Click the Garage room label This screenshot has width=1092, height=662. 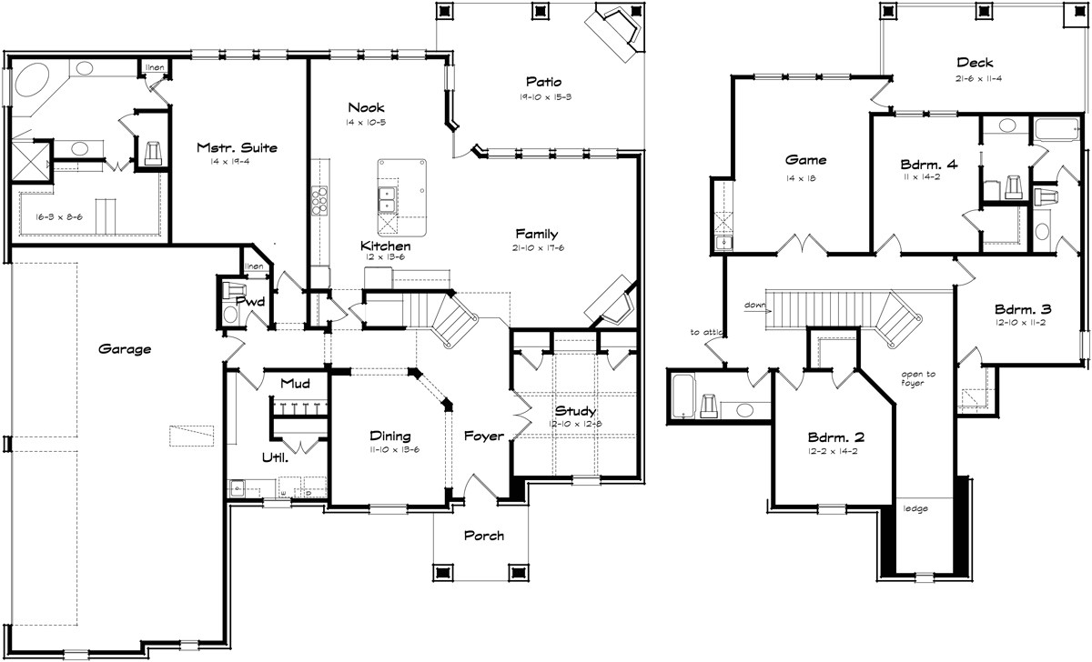pos(126,348)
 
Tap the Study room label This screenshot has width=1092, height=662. pos(575,412)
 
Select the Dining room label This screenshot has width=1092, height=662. pos(389,436)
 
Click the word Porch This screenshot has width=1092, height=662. pos(483,536)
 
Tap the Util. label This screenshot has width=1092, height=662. pos(274,457)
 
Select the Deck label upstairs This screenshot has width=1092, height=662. pos(974,63)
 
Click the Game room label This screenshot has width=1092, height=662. pos(805,160)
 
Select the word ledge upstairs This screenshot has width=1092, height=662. pos(915,508)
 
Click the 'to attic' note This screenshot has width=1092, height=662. pos(705,333)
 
